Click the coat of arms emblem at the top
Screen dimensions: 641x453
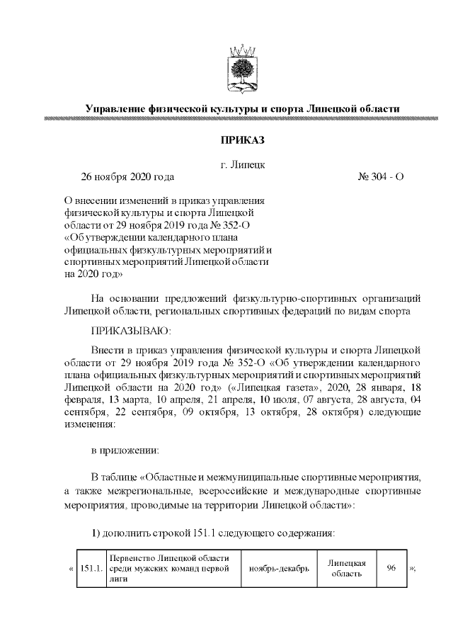[x=242, y=69]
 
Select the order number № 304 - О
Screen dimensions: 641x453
[x=381, y=176]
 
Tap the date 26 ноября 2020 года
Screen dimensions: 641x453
[x=127, y=176]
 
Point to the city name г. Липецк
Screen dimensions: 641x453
[x=242, y=164]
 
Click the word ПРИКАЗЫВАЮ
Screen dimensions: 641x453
[x=131, y=331]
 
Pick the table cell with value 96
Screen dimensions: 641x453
[x=391, y=568]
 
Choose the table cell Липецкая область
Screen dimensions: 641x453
[x=346, y=568]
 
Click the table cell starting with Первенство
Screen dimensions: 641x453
[x=173, y=568]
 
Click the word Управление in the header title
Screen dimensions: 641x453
[x=115, y=108]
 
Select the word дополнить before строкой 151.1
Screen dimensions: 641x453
[x=126, y=532]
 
